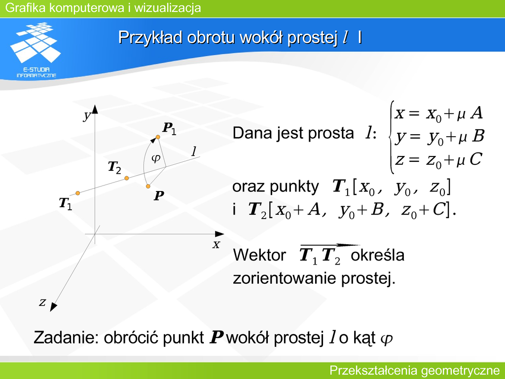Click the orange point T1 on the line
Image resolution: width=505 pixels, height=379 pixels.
click(77, 193)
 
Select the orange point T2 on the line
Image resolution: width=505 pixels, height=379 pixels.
click(127, 178)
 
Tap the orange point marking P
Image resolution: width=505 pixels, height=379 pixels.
click(148, 186)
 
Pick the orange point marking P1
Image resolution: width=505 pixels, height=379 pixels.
click(158, 137)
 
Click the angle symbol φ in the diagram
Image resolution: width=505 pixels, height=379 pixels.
click(155, 158)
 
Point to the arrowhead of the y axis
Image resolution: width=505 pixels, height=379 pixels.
click(95, 109)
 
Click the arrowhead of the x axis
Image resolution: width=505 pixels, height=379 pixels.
click(219, 234)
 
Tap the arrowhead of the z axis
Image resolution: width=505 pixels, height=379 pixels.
click(53, 307)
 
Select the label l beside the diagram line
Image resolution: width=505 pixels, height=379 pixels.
click(194, 151)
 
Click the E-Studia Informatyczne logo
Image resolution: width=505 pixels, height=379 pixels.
click(36, 50)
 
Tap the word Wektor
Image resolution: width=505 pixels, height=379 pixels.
click(259, 255)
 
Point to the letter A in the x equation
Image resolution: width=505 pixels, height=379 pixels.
click(476, 113)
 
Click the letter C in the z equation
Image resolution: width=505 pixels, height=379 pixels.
click(475, 159)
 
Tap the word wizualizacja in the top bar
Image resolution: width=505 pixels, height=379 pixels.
click(168, 8)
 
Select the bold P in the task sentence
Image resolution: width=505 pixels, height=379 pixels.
click(216, 338)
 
